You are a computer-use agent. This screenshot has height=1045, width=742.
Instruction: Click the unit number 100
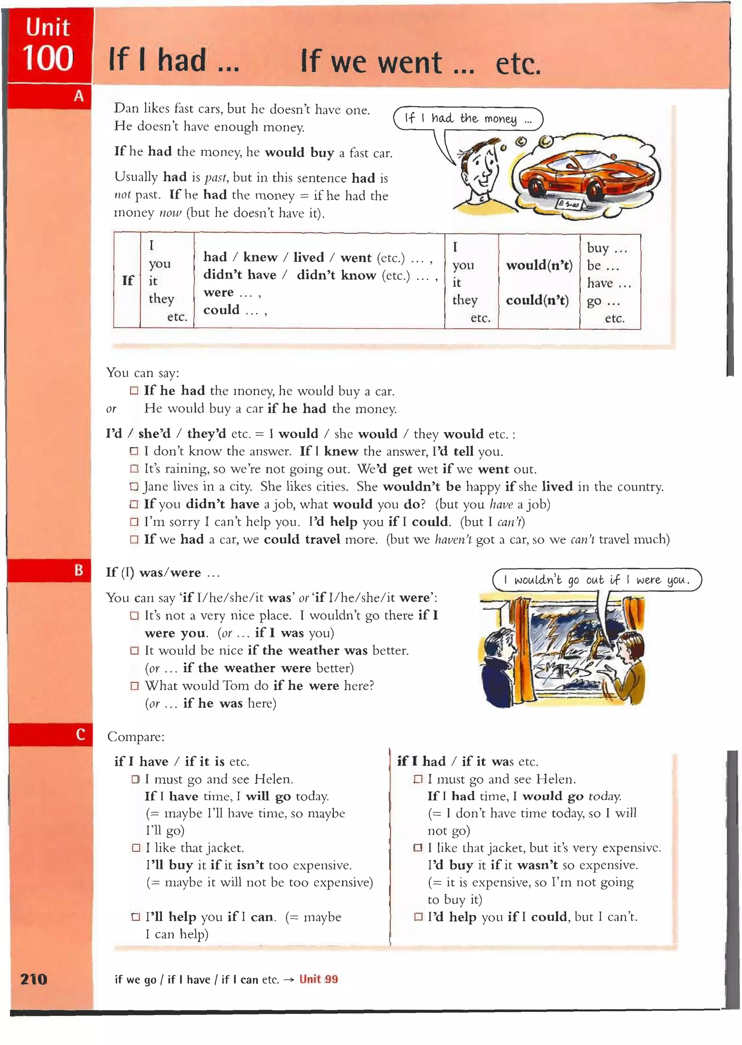click(x=47, y=58)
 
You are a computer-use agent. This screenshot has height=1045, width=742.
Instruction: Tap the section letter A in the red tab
click(x=79, y=96)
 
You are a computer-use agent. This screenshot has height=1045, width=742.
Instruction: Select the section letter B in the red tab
click(x=79, y=570)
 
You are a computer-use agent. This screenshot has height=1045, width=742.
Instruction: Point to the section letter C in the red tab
click(x=80, y=734)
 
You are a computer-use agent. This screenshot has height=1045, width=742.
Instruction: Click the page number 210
click(x=33, y=979)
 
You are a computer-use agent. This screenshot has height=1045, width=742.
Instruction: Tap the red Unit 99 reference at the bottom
click(x=318, y=979)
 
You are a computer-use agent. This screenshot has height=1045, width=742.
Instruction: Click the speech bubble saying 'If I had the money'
click(x=468, y=119)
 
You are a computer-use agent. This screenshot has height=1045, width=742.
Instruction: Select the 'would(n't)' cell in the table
click(x=539, y=265)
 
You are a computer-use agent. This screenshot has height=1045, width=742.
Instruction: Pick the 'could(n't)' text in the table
click(x=537, y=300)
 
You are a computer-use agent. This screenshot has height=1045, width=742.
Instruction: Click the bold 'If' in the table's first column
click(x=128, y=280)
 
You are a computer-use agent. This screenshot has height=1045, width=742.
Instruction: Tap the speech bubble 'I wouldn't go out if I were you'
click(x=596, y=580)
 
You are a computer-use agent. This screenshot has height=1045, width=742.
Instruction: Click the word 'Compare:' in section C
click(x=136, y=737)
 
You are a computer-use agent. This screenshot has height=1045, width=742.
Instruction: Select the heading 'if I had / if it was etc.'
click(x=467, y=761)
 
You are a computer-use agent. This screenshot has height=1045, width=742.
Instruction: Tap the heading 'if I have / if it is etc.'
click(x=182, y=761)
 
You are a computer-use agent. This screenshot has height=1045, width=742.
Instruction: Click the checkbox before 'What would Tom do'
click(x=134, y=686)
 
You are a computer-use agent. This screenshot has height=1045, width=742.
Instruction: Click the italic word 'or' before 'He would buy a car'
click(x=111, y=409)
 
